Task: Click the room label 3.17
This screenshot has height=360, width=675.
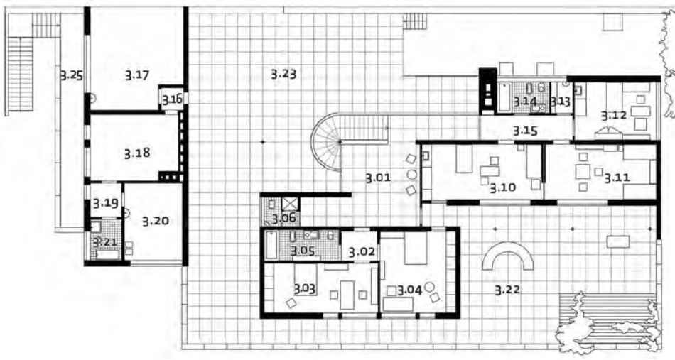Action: click(x=137, y=76)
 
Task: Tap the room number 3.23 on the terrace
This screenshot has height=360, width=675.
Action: click(x=283, y=74)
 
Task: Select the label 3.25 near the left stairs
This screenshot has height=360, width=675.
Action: click(x=71, y=76)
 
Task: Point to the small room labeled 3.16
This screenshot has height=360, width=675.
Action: click(x=172, y=99)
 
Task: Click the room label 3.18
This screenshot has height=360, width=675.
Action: click(x=137, y=153)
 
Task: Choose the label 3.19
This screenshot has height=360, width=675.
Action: click(x=106, y=202)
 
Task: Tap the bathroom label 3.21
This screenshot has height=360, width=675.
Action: click(x=105, y=242)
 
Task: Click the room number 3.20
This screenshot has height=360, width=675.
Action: click(x=155, y=221)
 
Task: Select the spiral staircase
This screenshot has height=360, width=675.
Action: click(x=327, y=141)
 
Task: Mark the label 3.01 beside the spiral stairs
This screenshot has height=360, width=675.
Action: click(x=378, y=177)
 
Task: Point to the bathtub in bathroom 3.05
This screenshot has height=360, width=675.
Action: click(x=271, y=245)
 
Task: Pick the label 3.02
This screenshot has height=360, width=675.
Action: click(x=362, y=251)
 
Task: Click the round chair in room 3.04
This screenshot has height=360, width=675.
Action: click(x=429, y=287)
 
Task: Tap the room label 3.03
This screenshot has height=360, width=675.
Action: click(x=304, y=288)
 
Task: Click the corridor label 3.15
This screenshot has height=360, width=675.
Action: click(x=525, y=131)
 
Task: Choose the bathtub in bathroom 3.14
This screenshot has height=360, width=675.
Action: click(x=504, y=97)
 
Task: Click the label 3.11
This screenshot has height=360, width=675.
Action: click(x=617, y=178)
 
